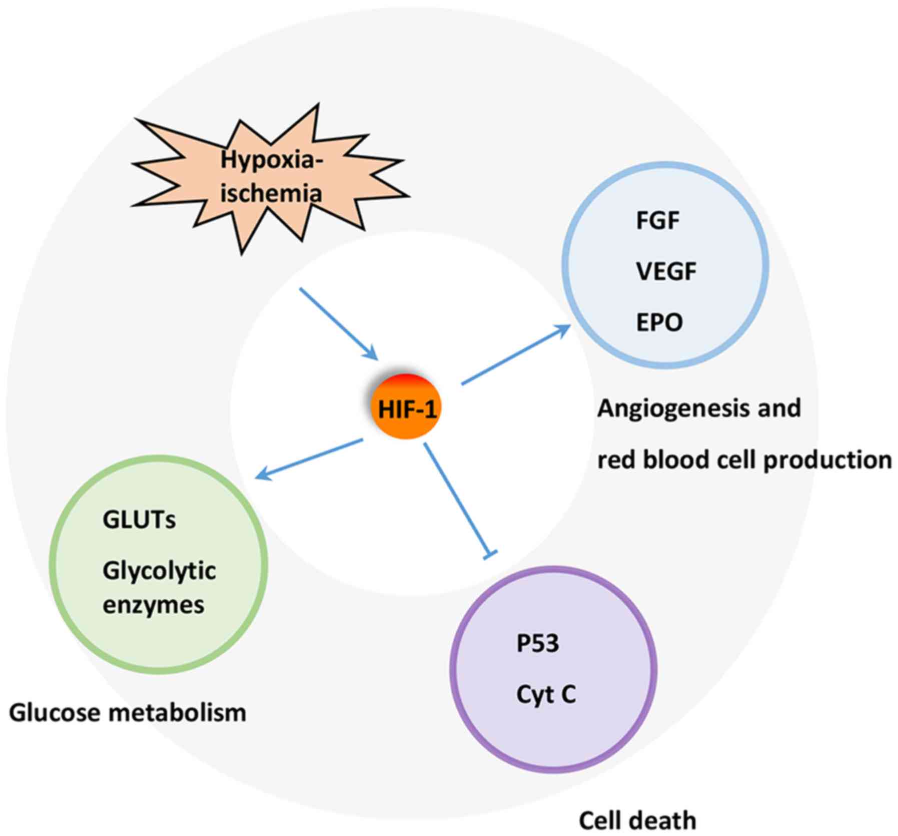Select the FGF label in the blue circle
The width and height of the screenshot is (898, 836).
click(x=657, y=220)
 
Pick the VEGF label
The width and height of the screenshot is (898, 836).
click(x=666, y=271)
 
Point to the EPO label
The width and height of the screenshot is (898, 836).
click(x=659, y=322)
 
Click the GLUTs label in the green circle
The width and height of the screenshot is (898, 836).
click(x=139, y=520)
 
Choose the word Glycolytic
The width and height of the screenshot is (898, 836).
click(x=159, y=571)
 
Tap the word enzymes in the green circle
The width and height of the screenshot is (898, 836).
click(x=153, y=605)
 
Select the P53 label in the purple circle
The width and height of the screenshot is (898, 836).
click(x=537, y=643)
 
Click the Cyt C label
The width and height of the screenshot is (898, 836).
click(x=546, y=694)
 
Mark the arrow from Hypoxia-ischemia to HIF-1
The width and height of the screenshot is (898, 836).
click(x=338, y=323)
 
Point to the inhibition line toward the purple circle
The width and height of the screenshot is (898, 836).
click(x=456, y=499)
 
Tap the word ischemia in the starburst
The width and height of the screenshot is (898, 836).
click(x=271, y=193)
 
